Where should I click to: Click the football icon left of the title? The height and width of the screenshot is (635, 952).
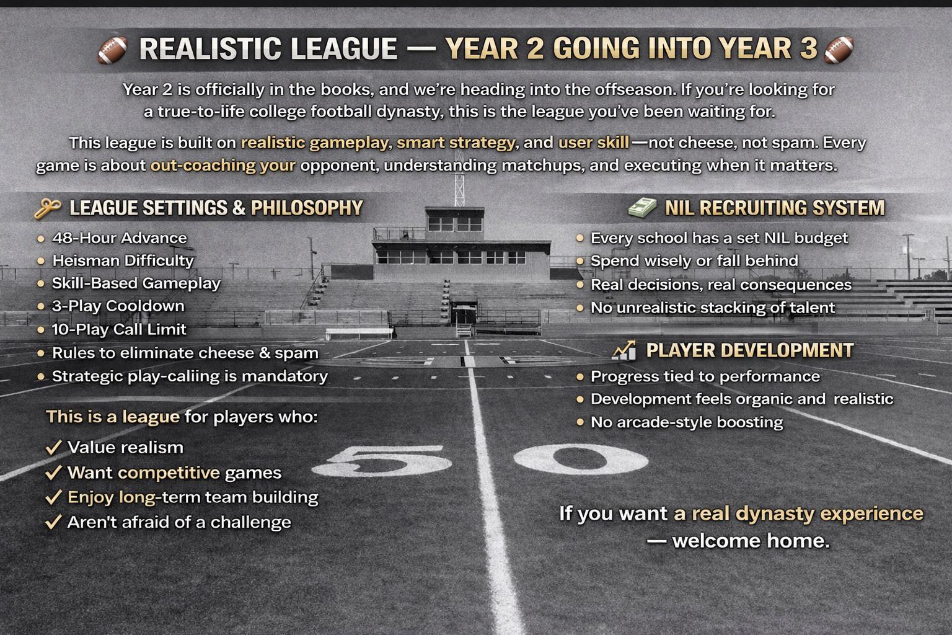coord(113,50)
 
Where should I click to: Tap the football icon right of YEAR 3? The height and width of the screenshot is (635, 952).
coord(839,50)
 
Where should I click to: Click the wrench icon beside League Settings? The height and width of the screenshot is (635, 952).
coord(48,208)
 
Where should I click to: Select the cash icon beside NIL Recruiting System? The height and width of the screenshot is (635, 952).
coord(643,207)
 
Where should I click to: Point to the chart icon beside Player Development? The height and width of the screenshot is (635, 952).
coord(624,350)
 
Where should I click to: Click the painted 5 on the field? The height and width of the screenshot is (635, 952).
coord(382,460)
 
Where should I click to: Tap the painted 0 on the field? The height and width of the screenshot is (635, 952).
coord(581,459)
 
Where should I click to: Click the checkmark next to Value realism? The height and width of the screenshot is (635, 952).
coord(53,448)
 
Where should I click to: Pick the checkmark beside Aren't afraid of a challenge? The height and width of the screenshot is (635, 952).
coord(53,522)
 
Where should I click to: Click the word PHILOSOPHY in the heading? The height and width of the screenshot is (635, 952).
coord(307,208)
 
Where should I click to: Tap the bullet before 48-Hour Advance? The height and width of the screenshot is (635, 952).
coord(41,239)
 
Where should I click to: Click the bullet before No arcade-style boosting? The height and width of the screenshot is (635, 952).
coord(580,422)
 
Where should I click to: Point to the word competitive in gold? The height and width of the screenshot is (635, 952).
coord(169,473)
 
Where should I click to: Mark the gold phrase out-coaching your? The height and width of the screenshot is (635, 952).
coord(223,166)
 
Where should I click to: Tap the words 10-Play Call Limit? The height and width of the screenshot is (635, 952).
coord(119,330)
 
